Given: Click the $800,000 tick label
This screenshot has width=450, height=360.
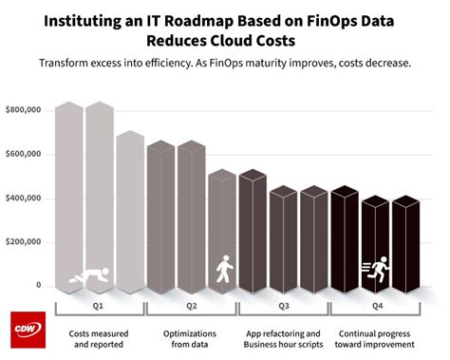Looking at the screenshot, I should coord(26,111).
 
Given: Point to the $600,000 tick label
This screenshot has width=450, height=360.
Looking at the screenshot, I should coord(26,155).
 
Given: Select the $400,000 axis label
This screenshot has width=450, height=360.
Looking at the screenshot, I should coord(26,199).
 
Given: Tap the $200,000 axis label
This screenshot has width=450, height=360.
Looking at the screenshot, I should coord(26,242).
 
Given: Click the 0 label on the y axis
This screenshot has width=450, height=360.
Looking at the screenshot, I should coord(39,286).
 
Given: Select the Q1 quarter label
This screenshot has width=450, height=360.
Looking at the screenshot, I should coord(100,307).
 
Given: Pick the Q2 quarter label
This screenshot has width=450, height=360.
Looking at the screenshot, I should coord(191,307).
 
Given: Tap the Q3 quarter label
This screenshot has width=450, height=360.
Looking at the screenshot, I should coord(282,307).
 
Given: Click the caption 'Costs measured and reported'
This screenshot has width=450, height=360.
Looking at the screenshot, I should coord(100,339).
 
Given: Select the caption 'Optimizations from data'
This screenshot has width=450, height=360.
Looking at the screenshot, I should coord(191,339).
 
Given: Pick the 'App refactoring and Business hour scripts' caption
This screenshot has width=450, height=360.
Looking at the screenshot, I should coord(282,339).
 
